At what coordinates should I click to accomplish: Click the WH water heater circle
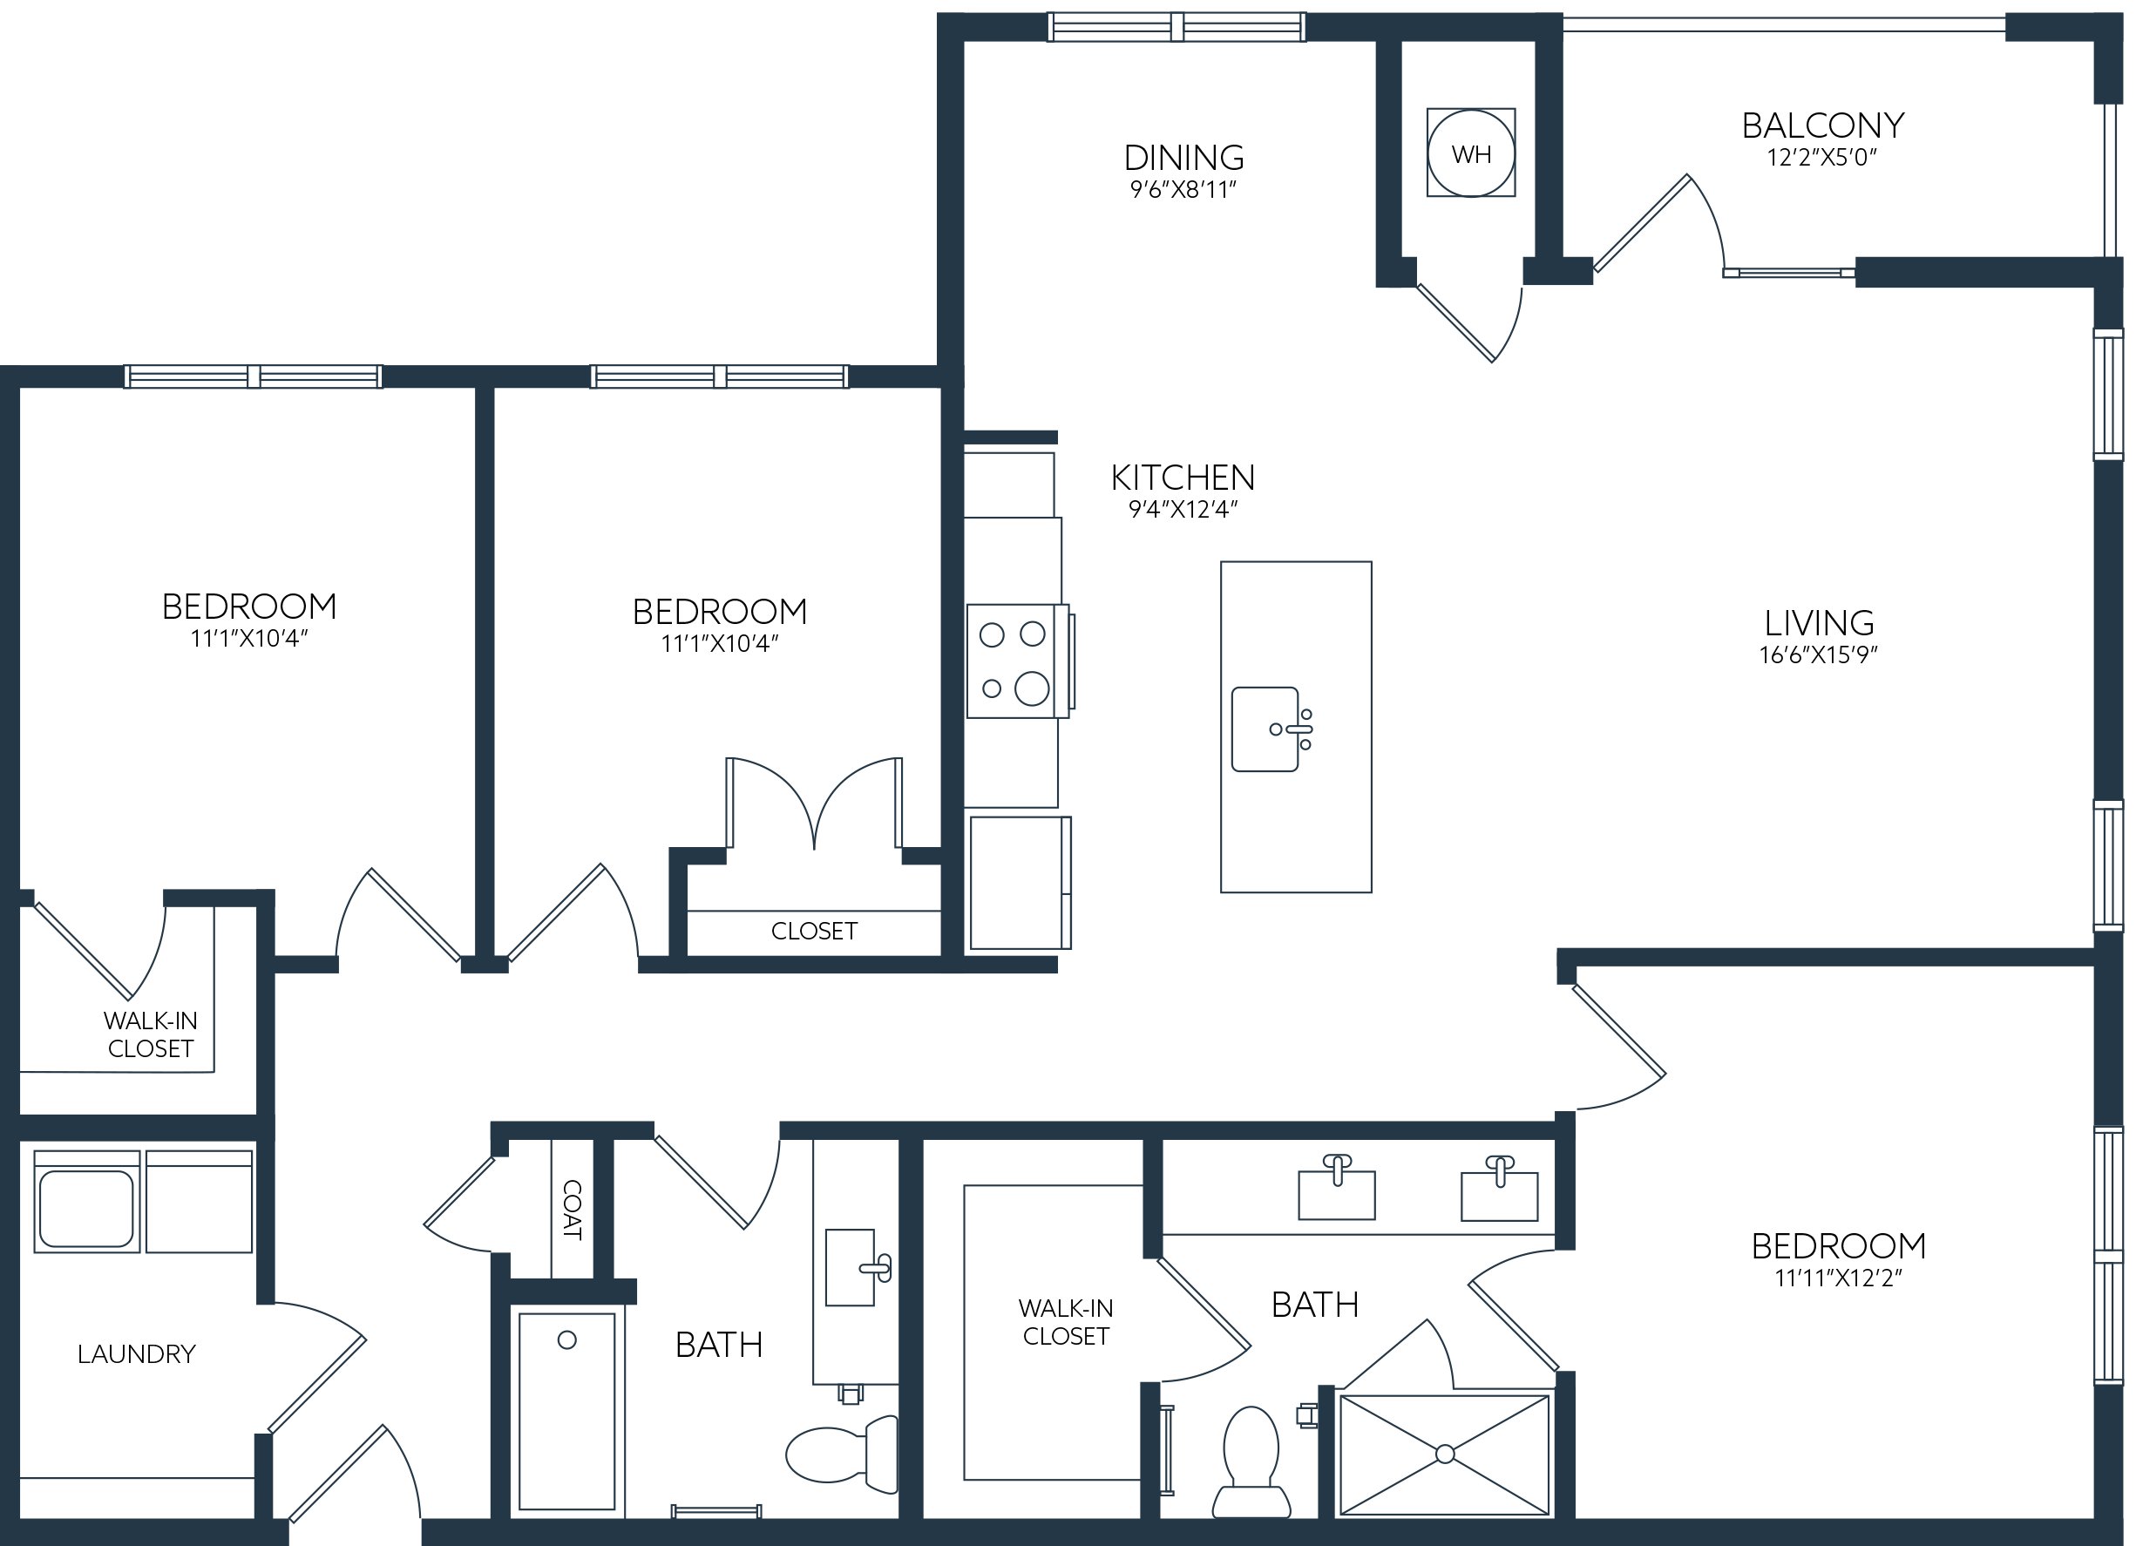(x=1471, y=153)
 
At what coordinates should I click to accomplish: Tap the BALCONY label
(x=1822, y=125)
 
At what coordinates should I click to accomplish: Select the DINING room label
(x=1183, y=156)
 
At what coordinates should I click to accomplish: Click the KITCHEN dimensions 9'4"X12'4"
(x=1183, y=509)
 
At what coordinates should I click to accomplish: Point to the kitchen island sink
(x=1271, y=729)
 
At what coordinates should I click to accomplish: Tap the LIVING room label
(x=1819, y=622)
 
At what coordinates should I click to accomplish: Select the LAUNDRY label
(x=137, y=1354)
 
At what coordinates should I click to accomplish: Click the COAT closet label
(x=572, y=1210)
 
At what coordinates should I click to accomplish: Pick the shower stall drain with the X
(x=1445, y=1454)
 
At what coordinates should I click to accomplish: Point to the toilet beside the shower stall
(x=1251, y=1462)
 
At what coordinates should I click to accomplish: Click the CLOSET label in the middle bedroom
(x=814, y=932)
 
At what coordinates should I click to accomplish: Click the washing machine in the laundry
(x=86, y=1202)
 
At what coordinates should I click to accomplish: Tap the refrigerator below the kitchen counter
(x=1020, y=882)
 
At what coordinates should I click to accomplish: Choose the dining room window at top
(x=1176, y=27)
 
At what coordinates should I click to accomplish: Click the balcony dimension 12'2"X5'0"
(x=1822, y=157)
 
